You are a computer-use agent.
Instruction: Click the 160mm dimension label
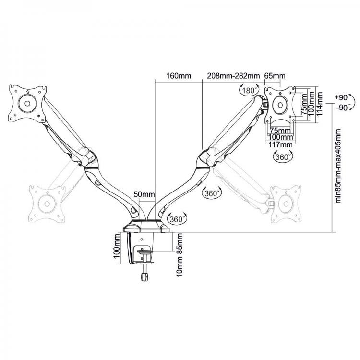[179, 76]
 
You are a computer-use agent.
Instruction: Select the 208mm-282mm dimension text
[233, 76]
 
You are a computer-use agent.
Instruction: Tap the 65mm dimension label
[275, 76]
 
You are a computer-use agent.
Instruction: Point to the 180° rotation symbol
[249, 90]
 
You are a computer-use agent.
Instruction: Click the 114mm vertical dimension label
[319, 104]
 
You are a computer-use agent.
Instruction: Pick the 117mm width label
[281, 144]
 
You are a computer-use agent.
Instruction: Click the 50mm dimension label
[144, 194]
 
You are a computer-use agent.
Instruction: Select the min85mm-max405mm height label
[338, 166]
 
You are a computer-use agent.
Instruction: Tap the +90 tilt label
[341, 97]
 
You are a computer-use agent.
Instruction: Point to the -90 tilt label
[342, 108]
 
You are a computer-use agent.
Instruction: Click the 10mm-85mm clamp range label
[180, 254]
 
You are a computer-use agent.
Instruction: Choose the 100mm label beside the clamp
[117, 246]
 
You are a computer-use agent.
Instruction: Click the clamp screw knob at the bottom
[144, 277]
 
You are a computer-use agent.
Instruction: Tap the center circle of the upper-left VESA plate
[27, 104]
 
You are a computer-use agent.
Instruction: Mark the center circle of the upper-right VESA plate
[280, 105]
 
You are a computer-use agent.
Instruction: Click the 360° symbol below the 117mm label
[283, 157]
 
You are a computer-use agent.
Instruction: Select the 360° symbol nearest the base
[177, 219]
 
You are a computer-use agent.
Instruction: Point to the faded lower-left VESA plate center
[47, 204]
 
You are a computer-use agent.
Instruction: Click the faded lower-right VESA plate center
[286, 204]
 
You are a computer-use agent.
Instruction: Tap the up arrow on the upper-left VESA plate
[27, 92]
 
